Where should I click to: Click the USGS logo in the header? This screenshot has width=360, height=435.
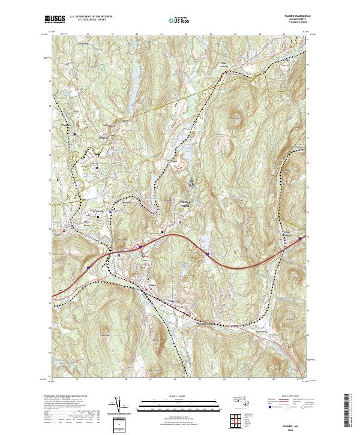55,20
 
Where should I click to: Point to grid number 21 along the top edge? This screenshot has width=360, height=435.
162,35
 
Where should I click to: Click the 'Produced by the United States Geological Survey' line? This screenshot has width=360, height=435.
68,397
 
